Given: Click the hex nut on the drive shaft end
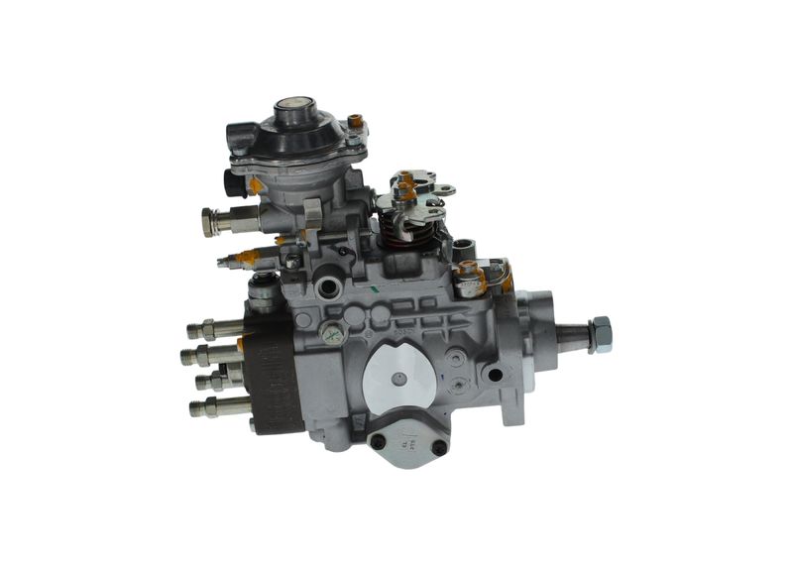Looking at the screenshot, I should click(599, 334).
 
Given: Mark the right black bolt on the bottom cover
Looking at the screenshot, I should click(437, 446).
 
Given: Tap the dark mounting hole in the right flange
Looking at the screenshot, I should click(494, 374).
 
